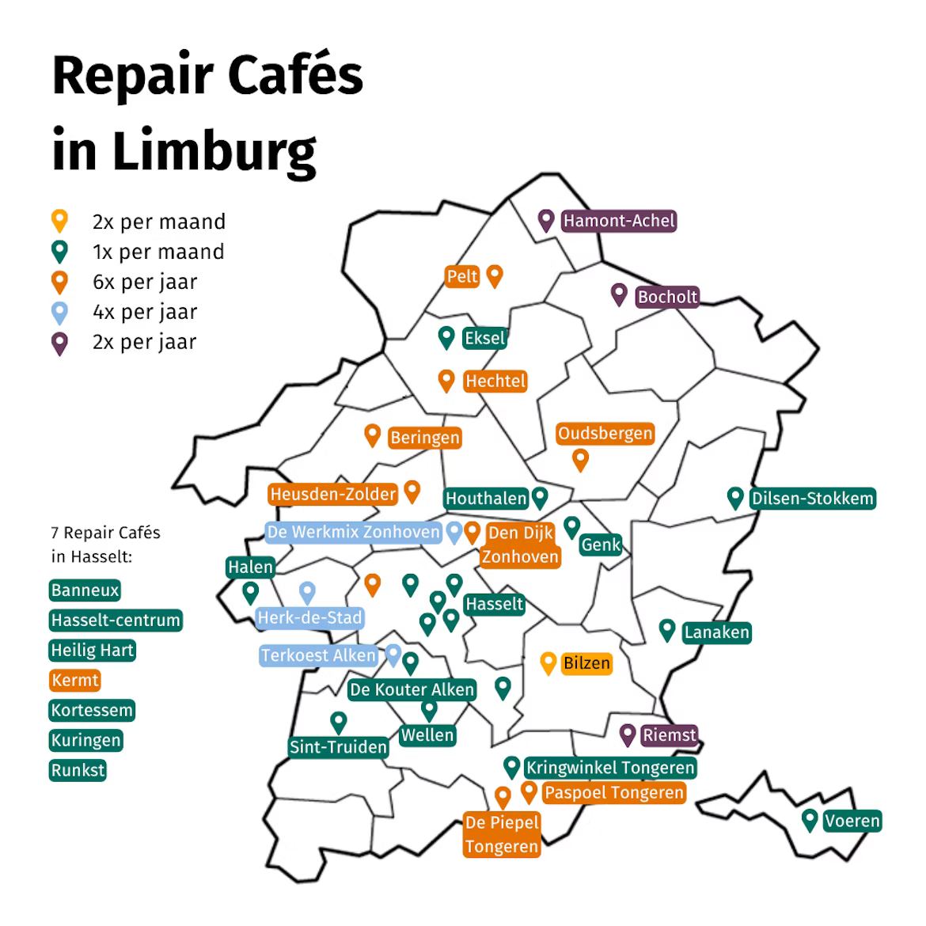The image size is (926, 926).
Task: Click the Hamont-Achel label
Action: pyautogui.click(x=619, y=221)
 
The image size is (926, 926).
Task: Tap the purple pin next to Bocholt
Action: pyautogui.click(x=619, y=294)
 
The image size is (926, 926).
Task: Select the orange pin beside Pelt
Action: pyautogui.click(x=495, y=275)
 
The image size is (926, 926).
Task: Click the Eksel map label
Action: pyautogui.click(x=484, y=338)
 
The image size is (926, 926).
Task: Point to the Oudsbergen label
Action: pyautogui.click(x=605, y=434)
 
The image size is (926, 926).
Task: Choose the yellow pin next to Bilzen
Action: pyautogui.click(x=548, y=662)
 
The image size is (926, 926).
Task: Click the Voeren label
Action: pyautogui.click(x=852, y=821)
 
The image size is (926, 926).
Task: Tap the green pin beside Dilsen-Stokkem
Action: pyautogui.click(x=735, y=497)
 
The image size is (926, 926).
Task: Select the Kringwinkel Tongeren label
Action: pyautogui.click(x=610, y=768)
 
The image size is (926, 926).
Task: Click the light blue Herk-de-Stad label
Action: pyautogui.click(x=309, y=617)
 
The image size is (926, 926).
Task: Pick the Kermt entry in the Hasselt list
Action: pyautogui.click(x=75, y=680)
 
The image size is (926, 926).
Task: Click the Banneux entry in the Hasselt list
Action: pyautogui.click(x=85, y=590)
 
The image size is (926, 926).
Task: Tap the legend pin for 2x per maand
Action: pyautogui.click(x=59, y=221)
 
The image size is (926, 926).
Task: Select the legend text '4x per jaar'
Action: pyautogui.click(x=145, y=312)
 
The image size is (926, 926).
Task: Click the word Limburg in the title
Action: pyautogui.click(x=214, y=150)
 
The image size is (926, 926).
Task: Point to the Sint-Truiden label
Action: pyautogui.click(x=338, y=746)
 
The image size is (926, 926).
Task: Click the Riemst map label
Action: pyautogui.click(x=669, y=735)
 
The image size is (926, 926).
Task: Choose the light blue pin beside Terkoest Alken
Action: pyautogui.click(x=393, y=655)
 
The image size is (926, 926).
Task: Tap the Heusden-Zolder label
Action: pyautogui.click(x=332, y=495)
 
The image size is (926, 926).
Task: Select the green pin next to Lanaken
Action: pyautogui.click(x=667, y=630)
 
